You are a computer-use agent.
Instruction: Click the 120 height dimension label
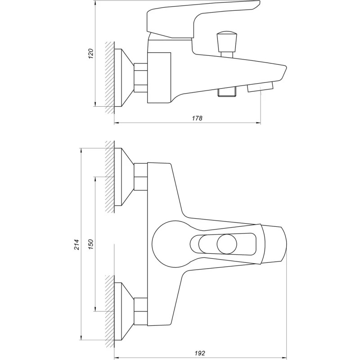click(x=90, y=54)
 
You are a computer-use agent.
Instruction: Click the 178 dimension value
click(x=197, y=118)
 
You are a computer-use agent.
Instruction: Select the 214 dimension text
click(x=76, y=244)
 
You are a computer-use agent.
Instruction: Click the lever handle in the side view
click(x=202, y=16)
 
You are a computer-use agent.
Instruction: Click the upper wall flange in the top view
click(x=124, y=177)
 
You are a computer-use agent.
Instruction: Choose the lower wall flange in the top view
click(x=124, y=311)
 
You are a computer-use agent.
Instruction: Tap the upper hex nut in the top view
click(x=141, y=176)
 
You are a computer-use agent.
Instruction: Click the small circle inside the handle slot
click(x=226, y=244)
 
